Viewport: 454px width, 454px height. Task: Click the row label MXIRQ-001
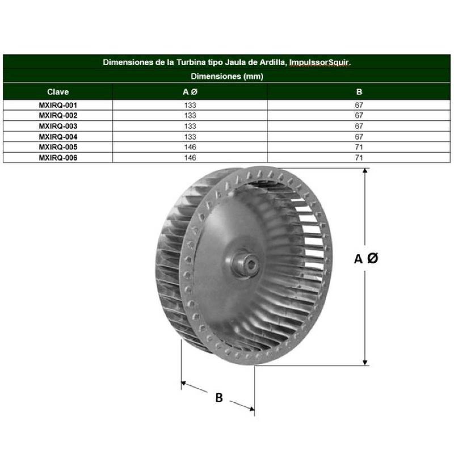pyautogui.click(x=58, y=105)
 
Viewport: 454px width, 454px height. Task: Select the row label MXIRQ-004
pyautogui.click(x=58, y=137)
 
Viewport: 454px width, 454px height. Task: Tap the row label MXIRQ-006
pyautogui.click(x=58, y=158)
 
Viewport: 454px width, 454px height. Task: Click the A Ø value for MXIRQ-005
pyautogui.click(x=190, y=147)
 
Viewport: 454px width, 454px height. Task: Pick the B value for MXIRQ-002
pyautogui.click(x=359, y=115)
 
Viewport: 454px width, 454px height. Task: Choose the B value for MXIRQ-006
pyautogui.click(x=359, y=158)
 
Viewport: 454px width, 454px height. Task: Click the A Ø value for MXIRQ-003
pyautogui.click(x=190, y=126)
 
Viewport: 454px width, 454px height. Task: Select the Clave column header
pyautogui.click(x=58, y=92)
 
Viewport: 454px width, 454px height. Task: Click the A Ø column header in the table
pyautogui.click(x=190, y=92)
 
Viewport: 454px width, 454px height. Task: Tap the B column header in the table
pyautogui.click(x=359, y=92)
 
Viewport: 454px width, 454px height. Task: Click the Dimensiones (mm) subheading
pyautogui.click(x=227, y=76)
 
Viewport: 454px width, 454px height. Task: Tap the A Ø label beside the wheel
pyautogui.click(x=366, y=258)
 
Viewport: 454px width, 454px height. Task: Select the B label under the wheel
pyautogui.click(x=219, y=398)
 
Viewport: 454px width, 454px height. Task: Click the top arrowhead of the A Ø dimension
pyautogui.click(x=365, y=171)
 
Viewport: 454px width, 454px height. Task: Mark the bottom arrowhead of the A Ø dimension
pyautogui.click(x=365, y=362)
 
